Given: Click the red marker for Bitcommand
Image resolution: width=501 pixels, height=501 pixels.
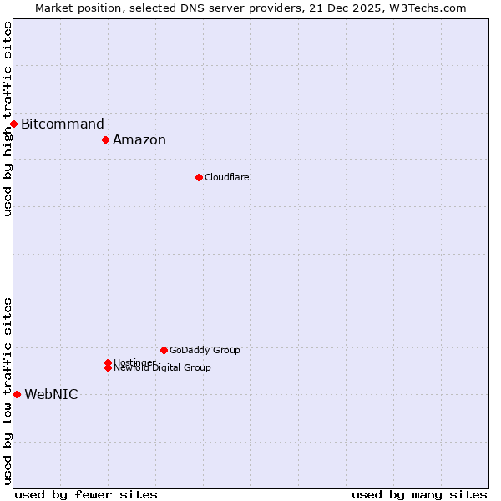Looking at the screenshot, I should tap(13, 124).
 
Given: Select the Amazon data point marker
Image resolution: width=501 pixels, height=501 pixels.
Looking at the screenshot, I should tap(106, 139).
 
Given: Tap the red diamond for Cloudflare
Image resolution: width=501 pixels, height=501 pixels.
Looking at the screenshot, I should tap(199, 177).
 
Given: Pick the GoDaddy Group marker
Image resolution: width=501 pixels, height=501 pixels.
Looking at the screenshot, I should tap(164, 350).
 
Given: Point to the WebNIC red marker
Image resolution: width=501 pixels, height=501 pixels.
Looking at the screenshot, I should tap(17, 394).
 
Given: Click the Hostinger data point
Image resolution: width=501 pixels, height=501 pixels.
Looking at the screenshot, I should tap(108, 362).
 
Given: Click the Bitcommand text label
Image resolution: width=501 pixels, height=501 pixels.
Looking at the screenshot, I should tap(63, 124).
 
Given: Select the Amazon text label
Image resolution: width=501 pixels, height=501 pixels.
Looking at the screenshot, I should tap(139, 140).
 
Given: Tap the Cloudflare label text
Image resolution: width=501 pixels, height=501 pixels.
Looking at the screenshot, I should tap(227, 177).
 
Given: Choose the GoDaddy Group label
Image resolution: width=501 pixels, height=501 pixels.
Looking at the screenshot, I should tap(205, 350).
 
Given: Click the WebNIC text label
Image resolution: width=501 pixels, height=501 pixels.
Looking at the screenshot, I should tap(51, 395).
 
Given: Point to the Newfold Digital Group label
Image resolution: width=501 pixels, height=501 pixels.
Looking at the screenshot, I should tap(163, 368).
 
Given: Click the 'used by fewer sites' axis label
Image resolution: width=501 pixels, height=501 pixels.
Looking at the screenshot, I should tap(86, 495).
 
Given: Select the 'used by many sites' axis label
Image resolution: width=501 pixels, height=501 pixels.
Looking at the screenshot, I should tap(419, 495).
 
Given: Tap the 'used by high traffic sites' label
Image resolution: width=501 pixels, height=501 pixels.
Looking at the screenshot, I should tap(8, 119).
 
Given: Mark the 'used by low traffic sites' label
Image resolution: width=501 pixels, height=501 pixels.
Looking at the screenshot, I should tap(8, 391).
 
